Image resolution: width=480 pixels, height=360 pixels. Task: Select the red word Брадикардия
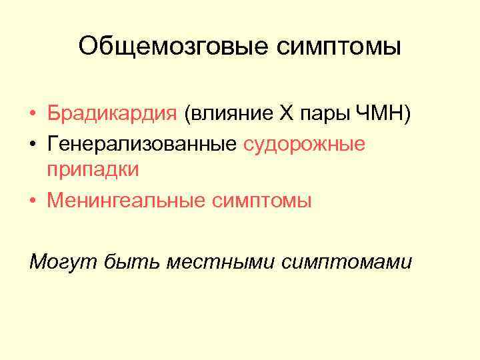pos(111,114)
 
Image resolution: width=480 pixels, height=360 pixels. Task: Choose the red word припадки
pos(93,170)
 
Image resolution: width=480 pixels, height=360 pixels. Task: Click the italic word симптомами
pos(347,262)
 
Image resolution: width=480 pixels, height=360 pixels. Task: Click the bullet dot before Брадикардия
pos(33,115)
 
